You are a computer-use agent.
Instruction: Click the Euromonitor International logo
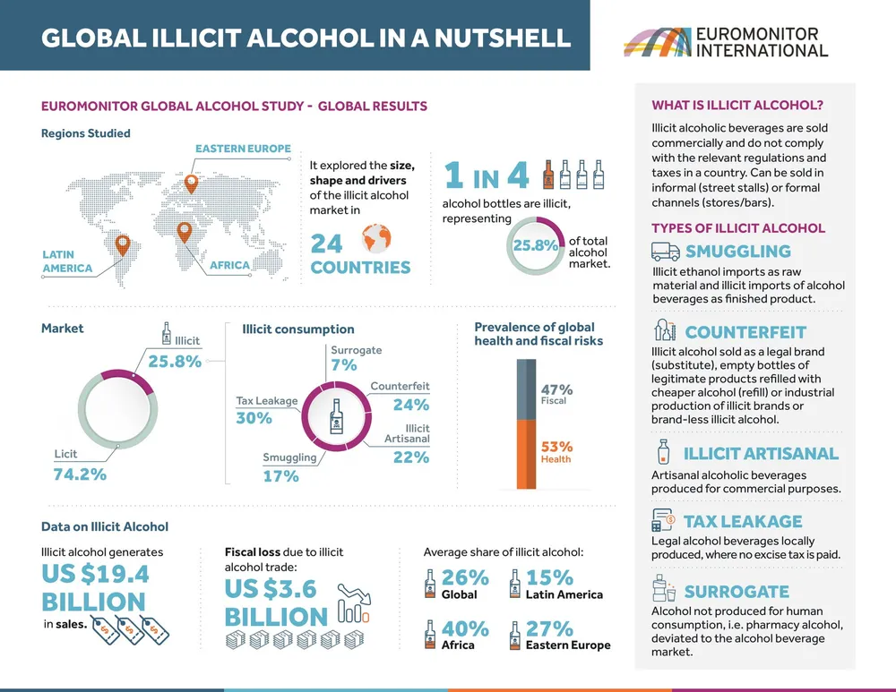[726, 42]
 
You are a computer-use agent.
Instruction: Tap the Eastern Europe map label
[243, 149]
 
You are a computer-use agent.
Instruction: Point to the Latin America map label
[67, 261]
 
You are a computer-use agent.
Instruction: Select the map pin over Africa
[184, 231]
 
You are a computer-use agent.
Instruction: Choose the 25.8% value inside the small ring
[535, 245]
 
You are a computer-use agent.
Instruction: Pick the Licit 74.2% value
[80, 473]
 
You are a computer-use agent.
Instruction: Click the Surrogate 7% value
[343, 365]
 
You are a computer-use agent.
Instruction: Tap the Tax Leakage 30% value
[254, 418]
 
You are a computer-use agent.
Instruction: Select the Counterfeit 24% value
[410, 404]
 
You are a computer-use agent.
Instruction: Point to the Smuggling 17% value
[280, 476]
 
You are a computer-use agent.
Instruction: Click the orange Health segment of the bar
[525, 455]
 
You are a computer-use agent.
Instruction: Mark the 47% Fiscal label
[556, 390]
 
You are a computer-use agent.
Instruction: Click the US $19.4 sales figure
[95, 573]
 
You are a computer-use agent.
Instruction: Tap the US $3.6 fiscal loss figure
[270, 588]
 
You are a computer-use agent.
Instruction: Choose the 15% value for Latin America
[549, 577]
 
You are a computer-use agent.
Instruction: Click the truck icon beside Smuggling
[665, 252]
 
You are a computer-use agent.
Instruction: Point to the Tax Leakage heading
[743, 521]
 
